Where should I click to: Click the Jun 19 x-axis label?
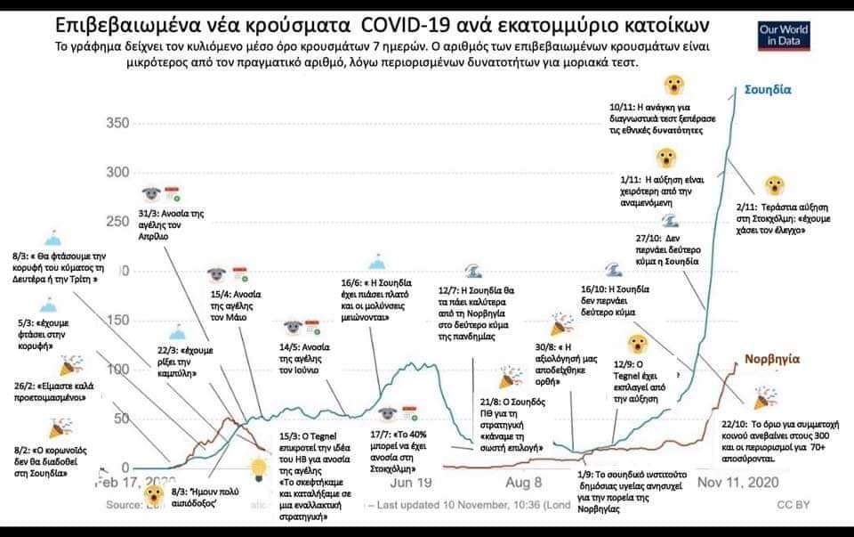pos(411,483)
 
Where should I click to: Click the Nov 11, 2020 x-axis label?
pos(736,483)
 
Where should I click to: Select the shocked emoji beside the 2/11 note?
pos(777,186)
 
